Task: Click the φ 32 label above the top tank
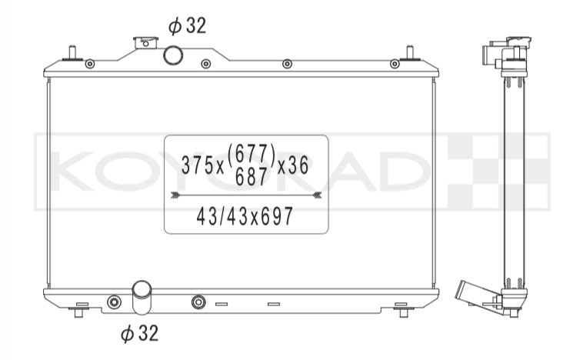[188, 26]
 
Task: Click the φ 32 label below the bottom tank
[139, 333]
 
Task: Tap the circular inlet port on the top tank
[173, 55]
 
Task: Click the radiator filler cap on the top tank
[145, 42]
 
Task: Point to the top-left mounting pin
[72, 53]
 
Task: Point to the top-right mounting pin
[410, 53]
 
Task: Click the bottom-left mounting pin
[79, 311]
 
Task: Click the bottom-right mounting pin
[404, 311]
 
